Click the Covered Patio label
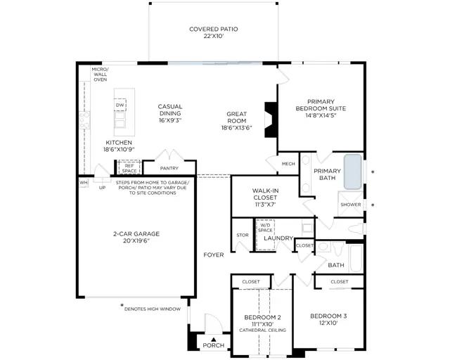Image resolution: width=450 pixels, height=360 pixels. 214,32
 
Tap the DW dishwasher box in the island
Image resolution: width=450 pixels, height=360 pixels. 120,105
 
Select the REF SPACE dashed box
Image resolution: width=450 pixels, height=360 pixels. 129,167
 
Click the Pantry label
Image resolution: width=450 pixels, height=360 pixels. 169,168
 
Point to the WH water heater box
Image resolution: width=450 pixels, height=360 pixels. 84,183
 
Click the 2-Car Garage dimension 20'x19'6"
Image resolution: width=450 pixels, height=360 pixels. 136,240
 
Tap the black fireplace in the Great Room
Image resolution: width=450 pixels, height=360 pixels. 271,120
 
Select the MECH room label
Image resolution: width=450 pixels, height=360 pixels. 288,164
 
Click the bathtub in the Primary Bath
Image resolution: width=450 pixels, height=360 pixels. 353,172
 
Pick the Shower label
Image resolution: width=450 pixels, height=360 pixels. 351,205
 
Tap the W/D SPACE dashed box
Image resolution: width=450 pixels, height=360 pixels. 266,235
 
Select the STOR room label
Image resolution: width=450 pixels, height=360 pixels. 243,235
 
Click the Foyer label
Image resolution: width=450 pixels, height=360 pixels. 214,255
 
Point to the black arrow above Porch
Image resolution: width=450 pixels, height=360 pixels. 213,340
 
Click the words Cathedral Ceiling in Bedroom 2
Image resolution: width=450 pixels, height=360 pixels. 262,330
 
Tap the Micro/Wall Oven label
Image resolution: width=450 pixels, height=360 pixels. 100,75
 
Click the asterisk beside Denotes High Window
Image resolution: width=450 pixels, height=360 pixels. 122,305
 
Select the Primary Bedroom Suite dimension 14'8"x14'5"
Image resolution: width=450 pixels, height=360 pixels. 321,115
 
